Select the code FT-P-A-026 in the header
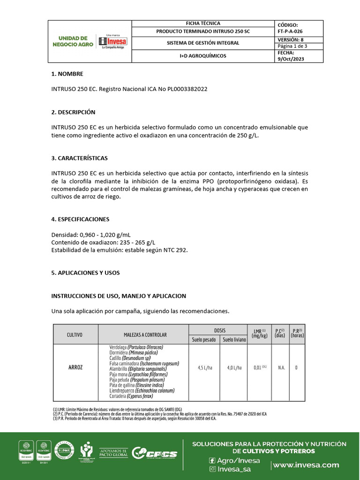click(x=293, y=31)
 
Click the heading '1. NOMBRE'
click(x=67, y=74)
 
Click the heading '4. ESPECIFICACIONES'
click(x=80, y=219)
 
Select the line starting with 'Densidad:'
click(x=91, y=234)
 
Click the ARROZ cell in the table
click(x=75, y=367)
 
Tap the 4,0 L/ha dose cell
click(x=233, y=367)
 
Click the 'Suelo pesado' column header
click(x=203, y=339)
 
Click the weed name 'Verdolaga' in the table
click(x=119, y=347)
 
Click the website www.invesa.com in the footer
click(x=306, y=465)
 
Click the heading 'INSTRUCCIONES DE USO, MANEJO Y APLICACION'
click(x=119, y=296)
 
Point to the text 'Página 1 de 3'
click(x=292, y=46)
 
